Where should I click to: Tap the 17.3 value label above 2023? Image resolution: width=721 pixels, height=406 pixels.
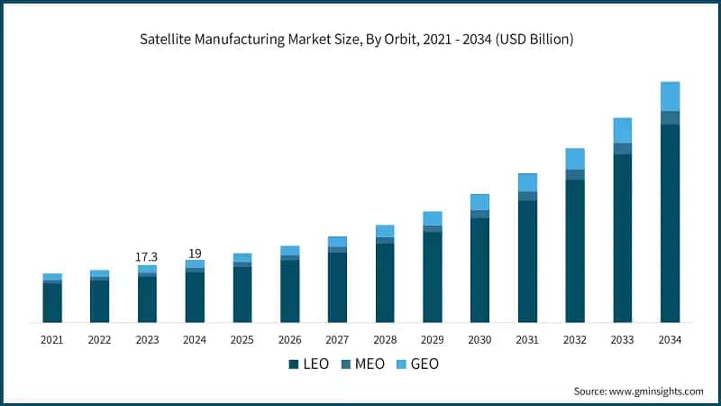(x=147, y=257)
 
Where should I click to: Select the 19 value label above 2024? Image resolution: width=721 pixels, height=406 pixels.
(x=195, y=254)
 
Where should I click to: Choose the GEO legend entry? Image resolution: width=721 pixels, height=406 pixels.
(x=416, y=364)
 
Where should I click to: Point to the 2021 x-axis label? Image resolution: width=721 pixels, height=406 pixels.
(x=52, y=340)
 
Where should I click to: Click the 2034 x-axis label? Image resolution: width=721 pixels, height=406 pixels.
(x=670, y=340)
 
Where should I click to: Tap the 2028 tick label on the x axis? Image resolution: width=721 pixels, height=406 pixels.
(x=385, y=340)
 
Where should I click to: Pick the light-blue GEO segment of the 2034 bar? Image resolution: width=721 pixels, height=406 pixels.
(x=670, y=96)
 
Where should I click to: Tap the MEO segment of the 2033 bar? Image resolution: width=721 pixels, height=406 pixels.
(x=622, y=149)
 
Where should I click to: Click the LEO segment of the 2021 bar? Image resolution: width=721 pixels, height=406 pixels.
(x=52, y=303)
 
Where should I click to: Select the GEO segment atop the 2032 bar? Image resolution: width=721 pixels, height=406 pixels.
(x=575, y=159)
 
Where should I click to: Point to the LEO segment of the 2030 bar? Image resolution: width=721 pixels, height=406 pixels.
(x=479, y=270)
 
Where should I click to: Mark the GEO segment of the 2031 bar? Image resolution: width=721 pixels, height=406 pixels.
(x=527, y=182)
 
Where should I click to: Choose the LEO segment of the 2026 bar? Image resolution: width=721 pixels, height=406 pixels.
(x=289, y=291)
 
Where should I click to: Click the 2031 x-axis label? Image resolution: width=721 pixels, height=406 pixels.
(x=527, y=340)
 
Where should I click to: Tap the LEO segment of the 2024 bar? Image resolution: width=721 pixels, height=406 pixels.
(x=195, y=297)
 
